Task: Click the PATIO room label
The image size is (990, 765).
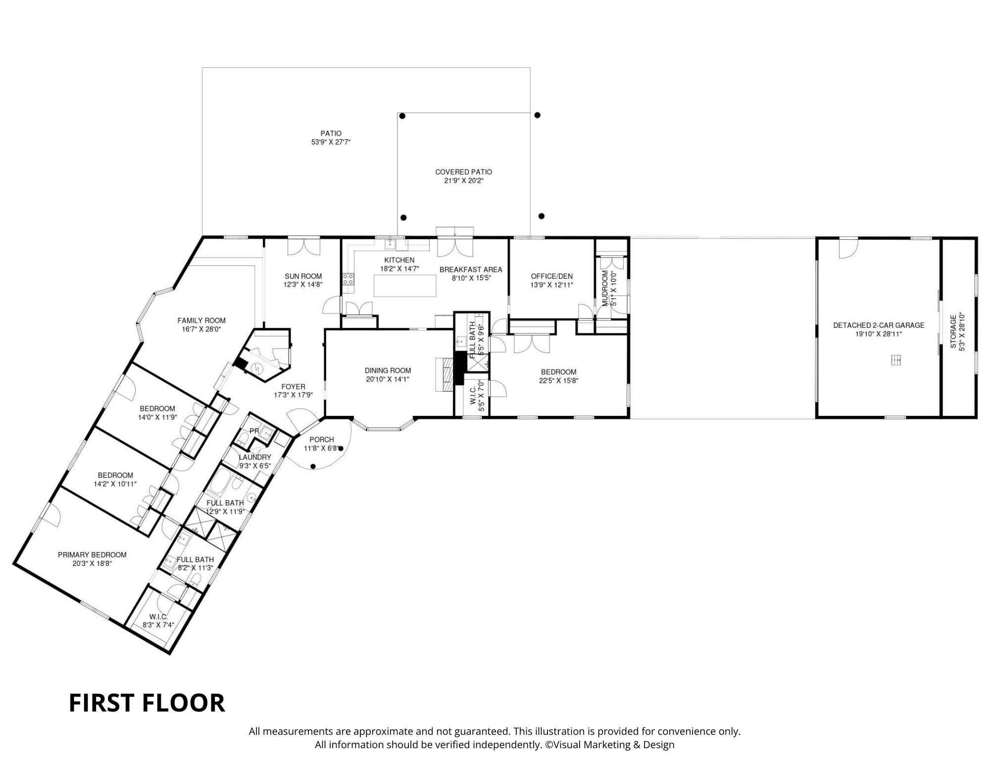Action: coord(331,133)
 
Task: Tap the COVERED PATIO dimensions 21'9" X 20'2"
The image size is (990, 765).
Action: coord(463,181)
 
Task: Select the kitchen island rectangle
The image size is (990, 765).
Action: coord(405,286)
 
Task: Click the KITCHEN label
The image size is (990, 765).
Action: coord(399,260)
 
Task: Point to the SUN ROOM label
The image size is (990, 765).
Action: coord(303,276)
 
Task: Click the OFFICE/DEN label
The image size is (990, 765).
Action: coord(551,276)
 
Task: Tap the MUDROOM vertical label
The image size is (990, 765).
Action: coord(605,288)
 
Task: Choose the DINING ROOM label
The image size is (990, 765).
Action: coord(388,370)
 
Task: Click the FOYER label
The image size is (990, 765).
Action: coord(293,387)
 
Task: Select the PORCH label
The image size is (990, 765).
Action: coord(322,439)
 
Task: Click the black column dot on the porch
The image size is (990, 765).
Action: coord(313,466)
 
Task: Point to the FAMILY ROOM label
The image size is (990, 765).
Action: coord(201,320)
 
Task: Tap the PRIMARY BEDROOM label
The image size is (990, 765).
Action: coord(92,555)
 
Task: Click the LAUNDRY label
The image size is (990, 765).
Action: coord(255,457)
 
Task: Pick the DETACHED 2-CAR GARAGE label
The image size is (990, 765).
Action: coord(879,325)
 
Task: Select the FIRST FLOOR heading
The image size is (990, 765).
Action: coord(147,703)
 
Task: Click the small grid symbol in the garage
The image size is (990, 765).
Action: coord(895,360)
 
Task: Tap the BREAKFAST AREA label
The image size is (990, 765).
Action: coord(471,269)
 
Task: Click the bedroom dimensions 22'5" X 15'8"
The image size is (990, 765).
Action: coord(558,381)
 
